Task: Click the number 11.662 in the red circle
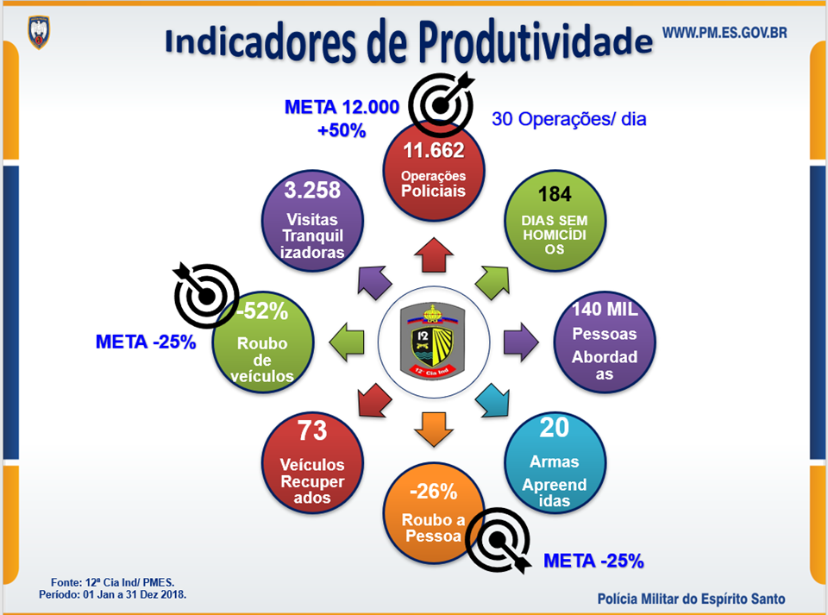(434, 150)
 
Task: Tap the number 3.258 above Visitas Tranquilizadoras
(312, 190)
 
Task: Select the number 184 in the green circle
(555, 194)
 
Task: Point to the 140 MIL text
(605, 309)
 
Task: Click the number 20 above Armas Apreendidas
(554, 427)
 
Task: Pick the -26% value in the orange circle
(434, 492)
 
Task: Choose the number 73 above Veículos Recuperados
(312, 430)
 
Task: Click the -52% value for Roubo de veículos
(262, 311)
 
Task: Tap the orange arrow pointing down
(434, 430)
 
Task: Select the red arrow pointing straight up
(434, 255)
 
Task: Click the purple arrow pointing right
(521, 342)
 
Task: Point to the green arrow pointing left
(347, 342)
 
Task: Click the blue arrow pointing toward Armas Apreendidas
(493, 402)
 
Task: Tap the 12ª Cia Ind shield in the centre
(432, 342)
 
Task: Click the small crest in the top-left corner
(39, 32)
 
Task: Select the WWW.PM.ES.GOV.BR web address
(724, 33)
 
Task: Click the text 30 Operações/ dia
(568, 119)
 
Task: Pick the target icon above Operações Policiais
(442, 104)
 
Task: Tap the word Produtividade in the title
(535, 41)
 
